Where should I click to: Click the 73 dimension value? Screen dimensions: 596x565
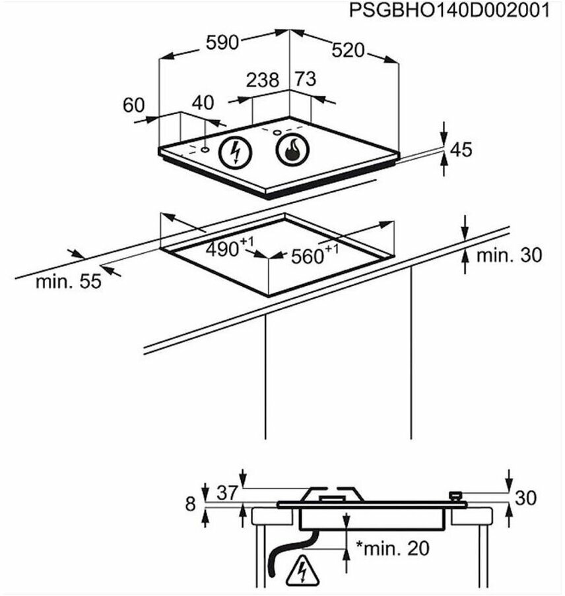click(304, 79)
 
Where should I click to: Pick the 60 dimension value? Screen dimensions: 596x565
click(133, 104)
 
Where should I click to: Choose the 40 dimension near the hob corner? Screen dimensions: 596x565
click(203, 102)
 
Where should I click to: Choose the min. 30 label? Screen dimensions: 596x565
click(509, 254)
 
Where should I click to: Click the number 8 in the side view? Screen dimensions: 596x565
click(191, 504)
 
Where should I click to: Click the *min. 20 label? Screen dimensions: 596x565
click(392, 547)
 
